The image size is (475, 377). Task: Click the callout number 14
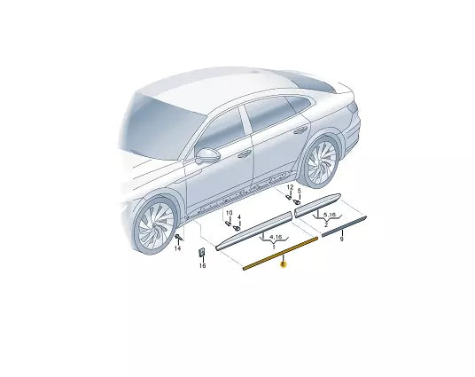pyautogui.click(x=177, y=250)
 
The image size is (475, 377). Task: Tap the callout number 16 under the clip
pyautogui.click(x=201, y=264)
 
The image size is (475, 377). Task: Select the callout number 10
pyautogui.click(x=227, y=214)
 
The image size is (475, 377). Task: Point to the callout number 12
pyautogui.click(x=289, y=188)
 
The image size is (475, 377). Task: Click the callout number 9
pyautogui.click(x=342, y=239)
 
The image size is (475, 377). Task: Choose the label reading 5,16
pyautogui.click(x=329, y=216)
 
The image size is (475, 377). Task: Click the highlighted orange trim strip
pyautogui.click(x=279, y=251)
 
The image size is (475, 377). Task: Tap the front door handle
pyautogui.click(x=243, y=154)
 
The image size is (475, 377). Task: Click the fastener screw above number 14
pyautogui.click(x=180, y=239)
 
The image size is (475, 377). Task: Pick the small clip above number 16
pyautogui.click(x=201, y=254)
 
